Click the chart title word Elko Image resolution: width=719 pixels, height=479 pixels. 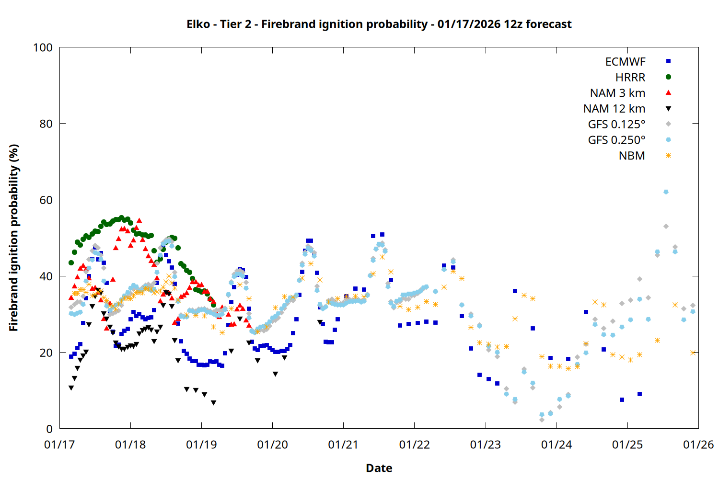[198, 24]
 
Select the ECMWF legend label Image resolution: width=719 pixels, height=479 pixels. [625, 62]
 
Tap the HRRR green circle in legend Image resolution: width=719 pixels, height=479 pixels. [668, 77]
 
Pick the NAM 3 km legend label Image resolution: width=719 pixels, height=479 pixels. [617, 93]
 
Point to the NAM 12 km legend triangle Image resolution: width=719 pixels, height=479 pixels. [668, 109]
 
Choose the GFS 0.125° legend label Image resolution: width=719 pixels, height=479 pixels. [616, 125]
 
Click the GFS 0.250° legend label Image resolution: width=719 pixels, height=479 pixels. [616, 140]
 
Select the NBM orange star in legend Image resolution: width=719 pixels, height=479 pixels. [668, 156]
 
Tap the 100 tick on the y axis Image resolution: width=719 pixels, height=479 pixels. [43, 47]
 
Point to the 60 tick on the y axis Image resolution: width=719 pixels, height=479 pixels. [46, 200]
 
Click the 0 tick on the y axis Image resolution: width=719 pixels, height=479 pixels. [49, 429]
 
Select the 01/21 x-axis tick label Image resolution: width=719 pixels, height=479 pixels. [343, 445]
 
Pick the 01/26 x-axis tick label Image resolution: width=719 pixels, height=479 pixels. [698, 445]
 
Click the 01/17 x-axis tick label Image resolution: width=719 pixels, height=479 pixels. [59, 445]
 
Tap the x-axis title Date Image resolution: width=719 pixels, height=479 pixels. [379, 468]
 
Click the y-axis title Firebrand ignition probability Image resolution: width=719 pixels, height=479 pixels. [13, 238]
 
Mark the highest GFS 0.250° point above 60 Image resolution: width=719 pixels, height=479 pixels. [665, 192]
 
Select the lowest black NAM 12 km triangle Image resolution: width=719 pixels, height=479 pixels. [213, 403]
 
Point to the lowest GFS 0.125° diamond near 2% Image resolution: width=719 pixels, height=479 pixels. [542, 420]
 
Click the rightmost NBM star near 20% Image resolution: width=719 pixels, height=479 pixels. [693, 353]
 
